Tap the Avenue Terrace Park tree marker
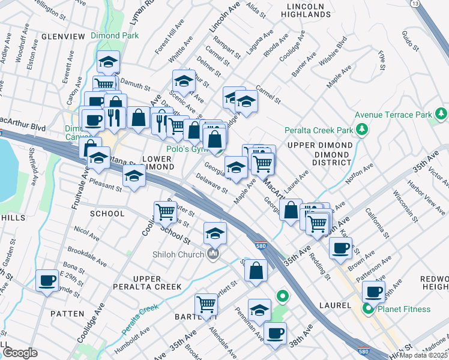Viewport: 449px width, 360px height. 441,113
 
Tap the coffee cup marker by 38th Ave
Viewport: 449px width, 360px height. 275,332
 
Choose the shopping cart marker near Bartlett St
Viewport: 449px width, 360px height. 206,304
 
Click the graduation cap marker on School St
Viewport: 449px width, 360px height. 214,233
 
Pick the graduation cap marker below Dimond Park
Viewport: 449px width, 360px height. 108,61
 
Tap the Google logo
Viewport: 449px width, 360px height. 20,353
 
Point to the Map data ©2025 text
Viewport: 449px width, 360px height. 424,355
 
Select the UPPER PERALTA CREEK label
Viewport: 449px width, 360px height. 148,283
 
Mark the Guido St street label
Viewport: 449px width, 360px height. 408,41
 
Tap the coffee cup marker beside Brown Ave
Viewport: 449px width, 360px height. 340,247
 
